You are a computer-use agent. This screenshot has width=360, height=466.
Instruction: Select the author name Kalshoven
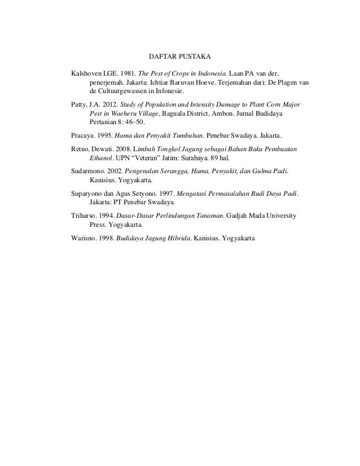(x=85, y=73)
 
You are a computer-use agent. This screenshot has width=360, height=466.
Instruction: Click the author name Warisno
(x=82, y=238)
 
